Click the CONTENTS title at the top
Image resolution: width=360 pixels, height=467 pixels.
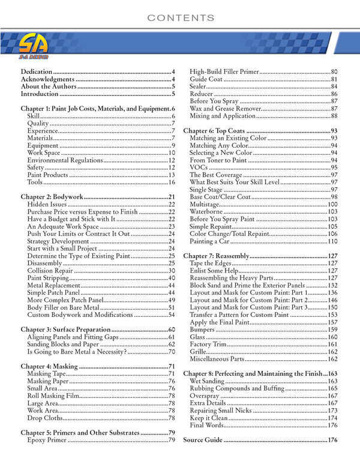pyautogui.click(x=180, y=17)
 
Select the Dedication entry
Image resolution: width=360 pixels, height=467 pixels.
pyautogui.click(x=36, y=71)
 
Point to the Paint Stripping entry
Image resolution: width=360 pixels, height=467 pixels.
pyautogui.click(x=48, y=279)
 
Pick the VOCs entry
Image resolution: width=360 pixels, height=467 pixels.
pyautogui.click(x=199, y=167)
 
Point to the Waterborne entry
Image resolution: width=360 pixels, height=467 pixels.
pyautogui.click(x=206, y=212)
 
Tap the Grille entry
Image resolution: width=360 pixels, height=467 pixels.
pyautogui.click(x=199, y=352)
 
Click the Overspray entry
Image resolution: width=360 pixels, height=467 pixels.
pyautogui.click(x=205, y=396)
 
